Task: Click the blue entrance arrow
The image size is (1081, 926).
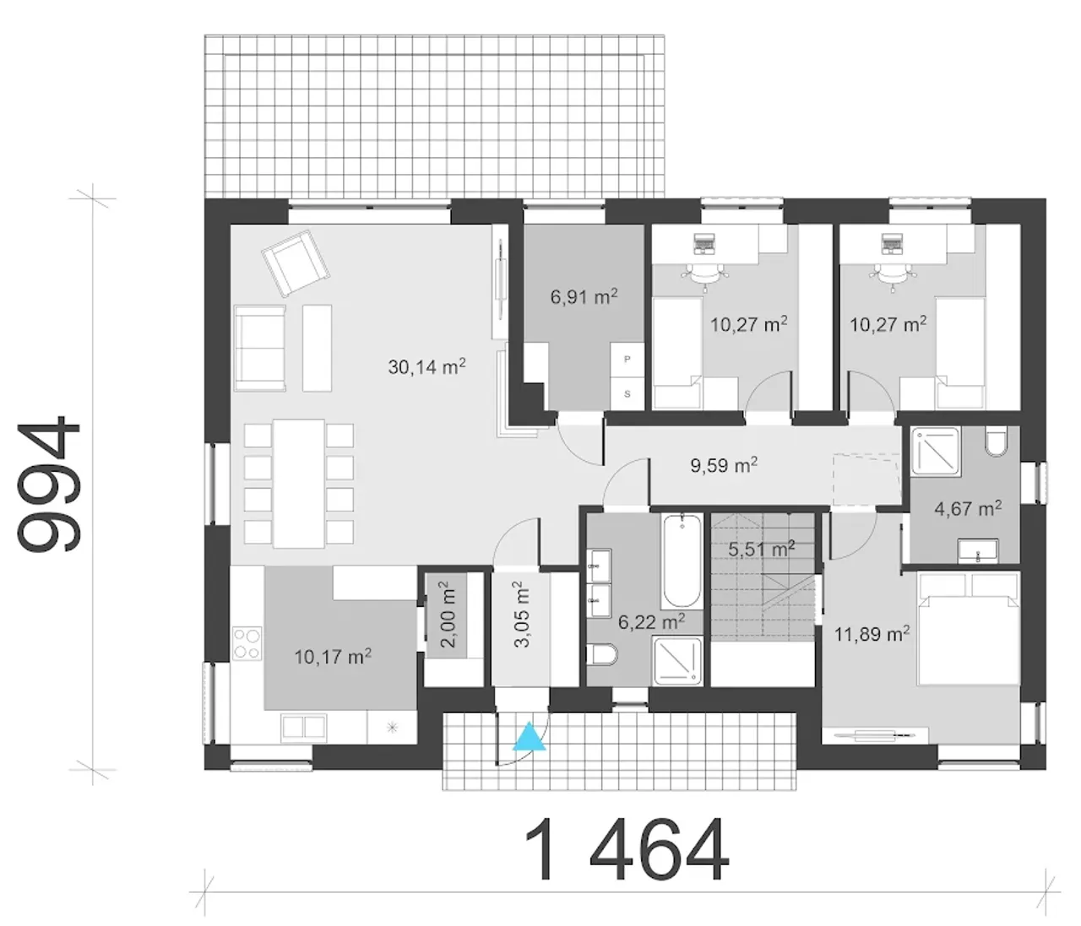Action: pos(530,737)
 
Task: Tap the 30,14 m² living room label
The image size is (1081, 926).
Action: pos(426,366)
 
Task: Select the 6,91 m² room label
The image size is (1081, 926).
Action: pos(584,296)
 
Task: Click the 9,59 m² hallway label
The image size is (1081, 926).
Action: pos(724,464)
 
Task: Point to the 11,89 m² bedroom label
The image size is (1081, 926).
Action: pos(872,634)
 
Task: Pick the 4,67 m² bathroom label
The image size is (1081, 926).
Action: pos(968,508)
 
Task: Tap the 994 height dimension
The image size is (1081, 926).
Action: pos(49,485)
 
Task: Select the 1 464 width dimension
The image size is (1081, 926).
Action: pos(626,850)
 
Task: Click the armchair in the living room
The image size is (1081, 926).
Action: pos(296,263)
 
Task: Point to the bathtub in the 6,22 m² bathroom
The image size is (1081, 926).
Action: pos(681,561)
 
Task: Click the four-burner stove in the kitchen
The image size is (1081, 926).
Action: pos(247,643)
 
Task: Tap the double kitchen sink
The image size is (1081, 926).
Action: pos(303,726)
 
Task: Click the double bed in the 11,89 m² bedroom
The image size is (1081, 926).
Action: pos(969,627)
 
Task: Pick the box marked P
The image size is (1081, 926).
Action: pos(627,360)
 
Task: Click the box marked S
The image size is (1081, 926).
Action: pos(627,393)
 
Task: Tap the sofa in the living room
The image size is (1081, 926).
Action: pos(260,348)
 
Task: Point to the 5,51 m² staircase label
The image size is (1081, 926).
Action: pos(762,549)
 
